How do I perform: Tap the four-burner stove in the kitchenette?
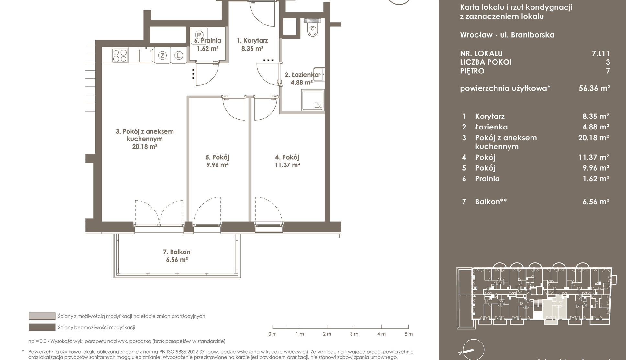120,55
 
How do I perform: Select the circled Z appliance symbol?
162,55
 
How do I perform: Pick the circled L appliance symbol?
178,55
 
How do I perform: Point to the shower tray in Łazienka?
312,100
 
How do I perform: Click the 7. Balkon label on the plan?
177,252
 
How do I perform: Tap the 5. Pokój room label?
217,157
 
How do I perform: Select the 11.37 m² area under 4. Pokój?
287,165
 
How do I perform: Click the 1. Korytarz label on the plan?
252,40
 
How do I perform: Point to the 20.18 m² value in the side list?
594,137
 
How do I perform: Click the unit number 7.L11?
600,53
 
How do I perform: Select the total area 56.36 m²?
594,88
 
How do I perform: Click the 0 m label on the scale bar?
273,334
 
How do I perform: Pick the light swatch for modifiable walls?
42,316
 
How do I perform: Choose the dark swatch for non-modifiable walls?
42,327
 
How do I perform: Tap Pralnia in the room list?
487,179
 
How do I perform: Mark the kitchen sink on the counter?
146,55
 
